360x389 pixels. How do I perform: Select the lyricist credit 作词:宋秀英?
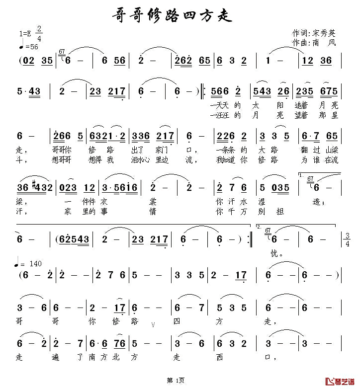click(x=314, y=33)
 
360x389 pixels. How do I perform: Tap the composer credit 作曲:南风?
click(x=314, y=43)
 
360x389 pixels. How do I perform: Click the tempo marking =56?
click(x=30, y=47)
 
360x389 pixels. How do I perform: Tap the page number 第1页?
click(x=176, y=381)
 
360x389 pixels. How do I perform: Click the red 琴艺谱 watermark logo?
click(x=341, y=381)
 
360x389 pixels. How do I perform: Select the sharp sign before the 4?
click(x=34, y=186)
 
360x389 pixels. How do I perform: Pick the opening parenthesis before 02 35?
click(x=20, y=61)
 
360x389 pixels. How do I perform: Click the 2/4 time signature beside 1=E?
click(x=39, y=33)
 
